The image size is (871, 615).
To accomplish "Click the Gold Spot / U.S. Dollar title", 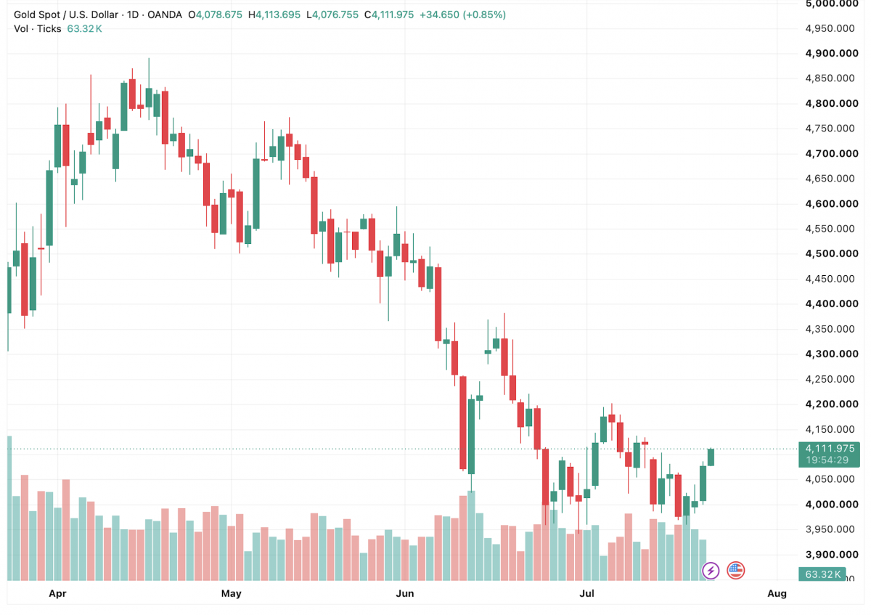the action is (x=66, y=15).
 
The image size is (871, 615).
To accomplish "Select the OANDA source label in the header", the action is (x=165, y=15).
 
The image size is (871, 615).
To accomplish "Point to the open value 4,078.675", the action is (x=219, y=15).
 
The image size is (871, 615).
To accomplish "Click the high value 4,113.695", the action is (x=278, y=15).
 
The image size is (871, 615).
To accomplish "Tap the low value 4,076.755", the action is (x=335, y=15).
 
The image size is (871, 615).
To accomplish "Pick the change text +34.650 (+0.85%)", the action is (x=463, y=15).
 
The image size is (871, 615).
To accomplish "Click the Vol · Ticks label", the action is (x=37, y=29).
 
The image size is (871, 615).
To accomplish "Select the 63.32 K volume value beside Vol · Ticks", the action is (x=84, y=29).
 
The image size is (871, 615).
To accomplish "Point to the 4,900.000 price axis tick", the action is (x=832, y=53).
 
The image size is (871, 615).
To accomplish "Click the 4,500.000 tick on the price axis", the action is (x=832, y=253).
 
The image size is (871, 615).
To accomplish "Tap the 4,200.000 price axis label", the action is (x=832, y=404).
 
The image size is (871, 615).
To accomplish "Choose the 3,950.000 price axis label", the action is (x=830, y=529).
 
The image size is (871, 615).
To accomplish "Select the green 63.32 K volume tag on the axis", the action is (x=822, y=574).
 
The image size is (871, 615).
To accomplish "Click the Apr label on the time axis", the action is (x=57, y=594).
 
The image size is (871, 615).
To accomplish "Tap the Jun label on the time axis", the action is (x=405, y=594).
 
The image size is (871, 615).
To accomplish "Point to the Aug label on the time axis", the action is (x=777, y=594).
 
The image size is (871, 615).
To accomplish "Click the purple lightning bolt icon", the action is (x=711, y=571).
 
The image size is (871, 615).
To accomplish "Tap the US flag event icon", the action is (x=735, y=571).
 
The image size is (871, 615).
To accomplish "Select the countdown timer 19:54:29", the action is (x=827, y=460).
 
